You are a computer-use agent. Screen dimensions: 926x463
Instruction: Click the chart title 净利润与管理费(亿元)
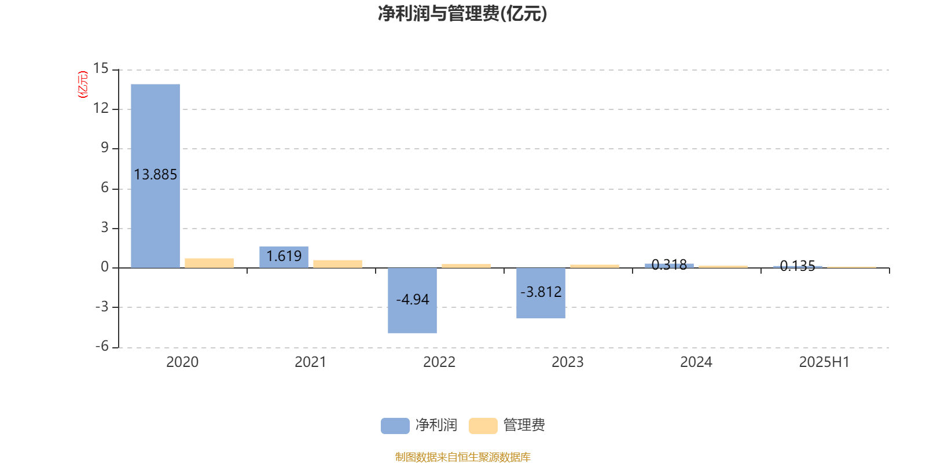tap(462, 14)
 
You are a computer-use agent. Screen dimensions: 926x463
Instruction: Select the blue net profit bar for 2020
tap(156, 176)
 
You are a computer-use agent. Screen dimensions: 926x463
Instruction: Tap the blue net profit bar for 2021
tap(284, 257)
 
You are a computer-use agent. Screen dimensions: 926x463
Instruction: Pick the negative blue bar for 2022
tap(412, 300)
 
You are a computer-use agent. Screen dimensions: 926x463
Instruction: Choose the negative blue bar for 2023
tap(541, 293)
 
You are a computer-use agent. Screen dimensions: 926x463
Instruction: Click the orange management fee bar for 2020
tap(209, 263)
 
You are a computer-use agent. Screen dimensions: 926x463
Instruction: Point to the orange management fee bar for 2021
tap(338, 264)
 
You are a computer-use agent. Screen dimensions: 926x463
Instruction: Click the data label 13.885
tap(156, 174)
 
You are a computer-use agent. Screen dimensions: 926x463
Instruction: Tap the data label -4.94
tap(413, 299)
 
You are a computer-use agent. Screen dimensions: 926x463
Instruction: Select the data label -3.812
tap(541, 292)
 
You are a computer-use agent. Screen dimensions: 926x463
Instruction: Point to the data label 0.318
tap(669, 264)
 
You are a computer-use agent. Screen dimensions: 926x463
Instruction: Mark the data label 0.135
tap(798, 266)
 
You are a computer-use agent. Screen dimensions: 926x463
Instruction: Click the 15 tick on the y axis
tap(101, 68)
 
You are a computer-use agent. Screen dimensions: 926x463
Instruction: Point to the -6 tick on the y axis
tap(102, 347)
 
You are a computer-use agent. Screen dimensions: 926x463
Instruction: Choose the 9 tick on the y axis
tap(105, 148)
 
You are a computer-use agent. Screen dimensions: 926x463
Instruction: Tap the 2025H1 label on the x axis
tap(824, 362)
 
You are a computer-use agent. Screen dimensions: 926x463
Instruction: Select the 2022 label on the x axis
tap(439, 362)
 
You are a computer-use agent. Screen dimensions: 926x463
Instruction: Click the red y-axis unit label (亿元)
tap(83, 84)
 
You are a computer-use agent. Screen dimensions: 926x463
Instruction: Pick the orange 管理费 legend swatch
tap(483, 426)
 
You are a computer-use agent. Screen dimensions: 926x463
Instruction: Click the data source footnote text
tap(462, 457)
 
